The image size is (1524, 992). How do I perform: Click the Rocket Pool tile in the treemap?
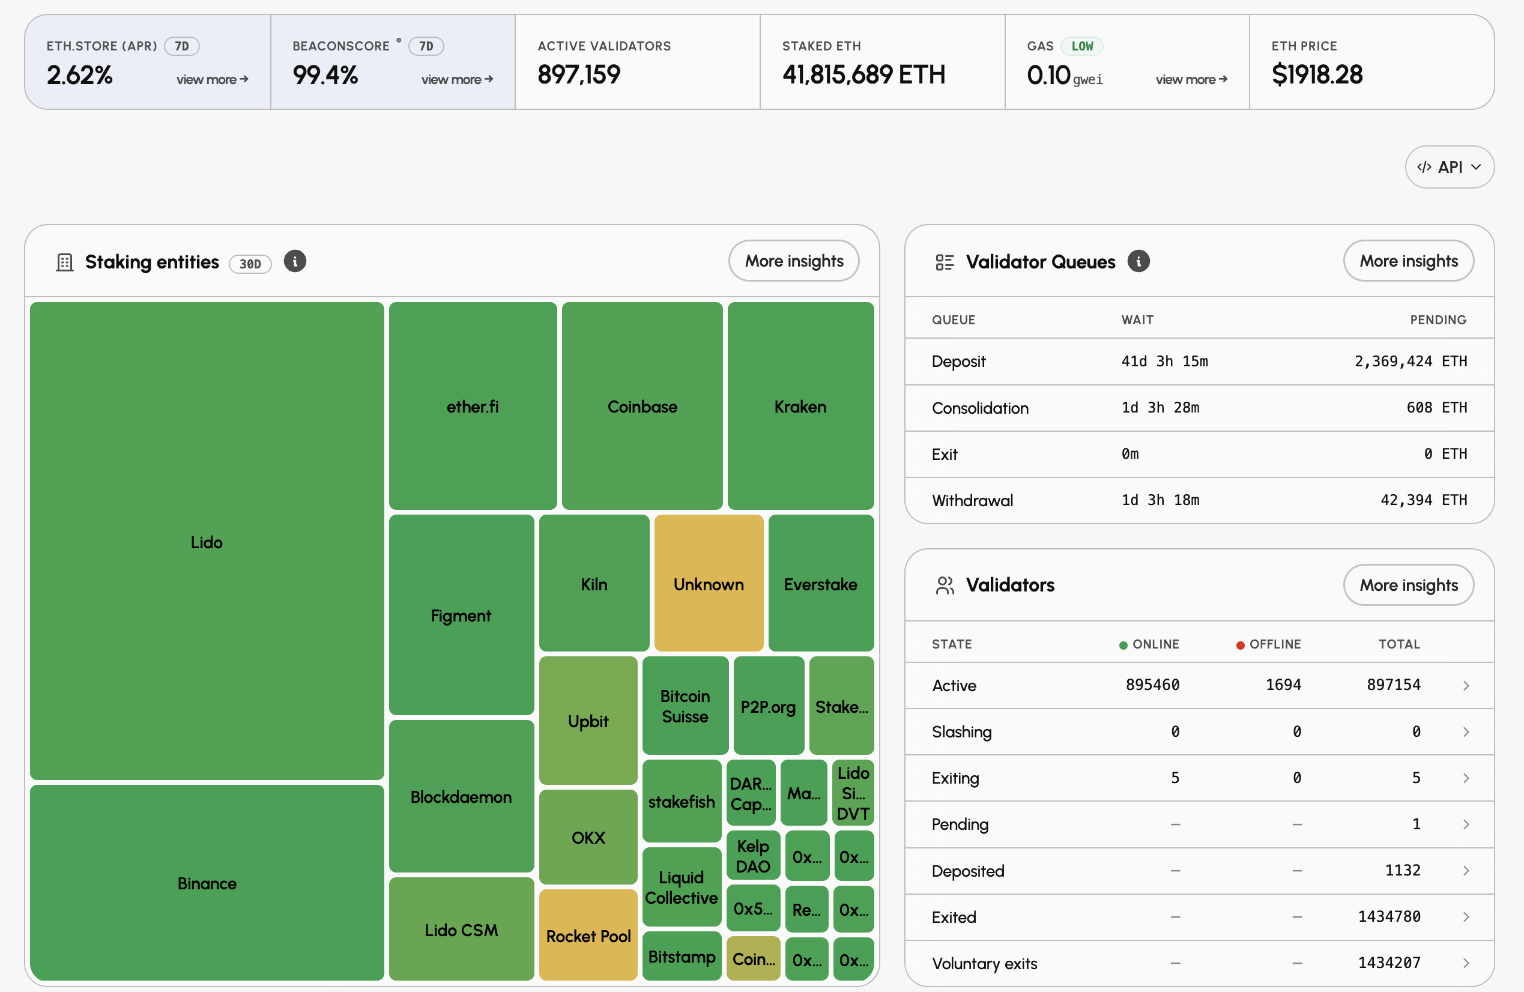[x=588, y=935]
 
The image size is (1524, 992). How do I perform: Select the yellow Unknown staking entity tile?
[x=709, y=583]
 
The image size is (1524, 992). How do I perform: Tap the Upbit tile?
[x=588, y=720]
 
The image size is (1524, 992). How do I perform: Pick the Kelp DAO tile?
[x=753, y=856]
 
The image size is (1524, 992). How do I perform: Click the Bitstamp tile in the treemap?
[x=682, y=956]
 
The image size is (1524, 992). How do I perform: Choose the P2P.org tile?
[x=769, y=705]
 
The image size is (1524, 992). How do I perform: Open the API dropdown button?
[x=1449, y=167]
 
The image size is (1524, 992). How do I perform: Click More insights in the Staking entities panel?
[x=794, y=261]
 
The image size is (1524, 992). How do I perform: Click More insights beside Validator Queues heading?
[x=1409, y=261]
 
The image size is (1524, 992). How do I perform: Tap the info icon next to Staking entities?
[x=295, y=261]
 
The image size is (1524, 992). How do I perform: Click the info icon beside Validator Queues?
[x=1138, y=261]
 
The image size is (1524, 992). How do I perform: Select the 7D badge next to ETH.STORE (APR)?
[x=182, y=46]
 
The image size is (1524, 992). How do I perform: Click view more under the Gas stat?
[x=1191, y=79]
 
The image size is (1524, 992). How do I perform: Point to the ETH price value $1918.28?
[x=1317, y=75]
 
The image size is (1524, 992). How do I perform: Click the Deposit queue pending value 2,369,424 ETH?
[x=1411, y=361]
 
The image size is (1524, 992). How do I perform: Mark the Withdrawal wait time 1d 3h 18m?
[x=1160, y=500]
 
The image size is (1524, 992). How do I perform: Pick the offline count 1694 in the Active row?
[x=1283, y=685]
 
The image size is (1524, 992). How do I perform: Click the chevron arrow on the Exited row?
[x=1466, y=917]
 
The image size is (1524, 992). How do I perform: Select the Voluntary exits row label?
[x=984, y=963]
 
